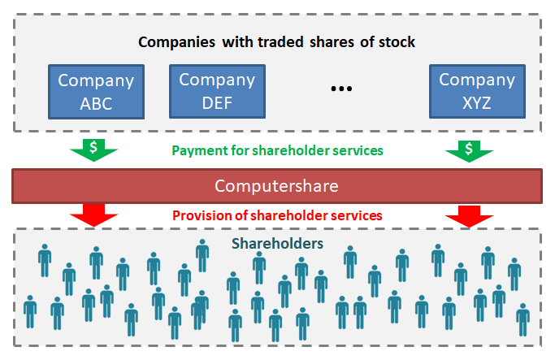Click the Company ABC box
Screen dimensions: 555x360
[x=96, y=92]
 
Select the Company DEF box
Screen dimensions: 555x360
[x=217, y=91]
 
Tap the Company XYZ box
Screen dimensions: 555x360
[x=477, y=91]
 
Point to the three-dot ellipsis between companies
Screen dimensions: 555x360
[x=341, y=89]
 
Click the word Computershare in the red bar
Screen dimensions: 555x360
[x=276, y=186]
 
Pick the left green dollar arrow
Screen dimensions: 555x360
[x=93, y=150]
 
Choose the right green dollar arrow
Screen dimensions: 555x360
[x=469, y=151]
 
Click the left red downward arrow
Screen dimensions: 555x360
[x=93, y=215]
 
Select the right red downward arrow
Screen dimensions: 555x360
[x=469, y=216]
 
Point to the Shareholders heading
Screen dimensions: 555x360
[x=277, y=244]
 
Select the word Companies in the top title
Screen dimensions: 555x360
[x=176, y=42]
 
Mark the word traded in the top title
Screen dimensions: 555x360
[x=280, y=42]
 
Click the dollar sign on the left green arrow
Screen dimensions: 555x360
[x=93, y=146]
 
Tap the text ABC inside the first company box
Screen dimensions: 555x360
[x=96, y=104]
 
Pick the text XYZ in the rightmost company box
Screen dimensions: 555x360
[x=477, y=103]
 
